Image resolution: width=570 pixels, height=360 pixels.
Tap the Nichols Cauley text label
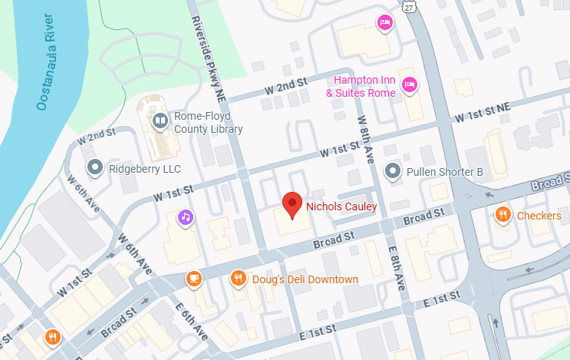click(341, 206)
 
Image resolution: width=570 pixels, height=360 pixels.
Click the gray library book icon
click(160, 120)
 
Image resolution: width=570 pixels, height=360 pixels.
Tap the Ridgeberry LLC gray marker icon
click(95, 166)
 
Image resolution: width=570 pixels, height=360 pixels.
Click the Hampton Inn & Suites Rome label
click(361, 87)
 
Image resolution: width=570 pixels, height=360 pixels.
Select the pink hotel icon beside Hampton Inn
click(411, 84)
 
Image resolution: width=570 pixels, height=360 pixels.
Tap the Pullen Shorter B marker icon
click(393, 170)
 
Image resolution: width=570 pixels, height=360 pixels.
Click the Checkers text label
click(539, 216)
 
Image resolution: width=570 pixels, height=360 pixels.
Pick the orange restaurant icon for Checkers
click(503, 215)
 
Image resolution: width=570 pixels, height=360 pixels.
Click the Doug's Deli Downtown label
click(305, 279)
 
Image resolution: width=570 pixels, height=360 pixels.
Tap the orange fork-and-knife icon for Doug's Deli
click(239, 279)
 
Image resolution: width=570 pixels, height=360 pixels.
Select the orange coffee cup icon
click(195, 279)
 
